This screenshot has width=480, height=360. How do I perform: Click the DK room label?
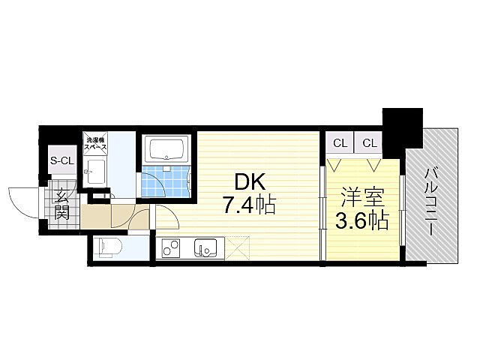(250, 182)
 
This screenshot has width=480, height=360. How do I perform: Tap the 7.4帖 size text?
(249, 205)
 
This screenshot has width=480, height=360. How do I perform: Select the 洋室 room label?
(362, 197)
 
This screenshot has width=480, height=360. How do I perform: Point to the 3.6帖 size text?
(362, 220)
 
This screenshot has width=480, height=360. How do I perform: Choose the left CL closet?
(340, 143)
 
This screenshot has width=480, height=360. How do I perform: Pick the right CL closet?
(369, 143)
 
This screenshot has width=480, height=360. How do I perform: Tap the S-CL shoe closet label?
(62, 161)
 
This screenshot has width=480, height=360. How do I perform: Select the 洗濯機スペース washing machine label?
(96, 143)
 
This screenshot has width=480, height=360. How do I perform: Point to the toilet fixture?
(110, 246)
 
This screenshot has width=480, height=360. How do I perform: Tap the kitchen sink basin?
(206, 247)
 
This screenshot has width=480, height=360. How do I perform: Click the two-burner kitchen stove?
(170, 247)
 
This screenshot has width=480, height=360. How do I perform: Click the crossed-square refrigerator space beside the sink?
(238, 247)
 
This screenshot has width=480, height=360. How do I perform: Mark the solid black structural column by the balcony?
(402, 132)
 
